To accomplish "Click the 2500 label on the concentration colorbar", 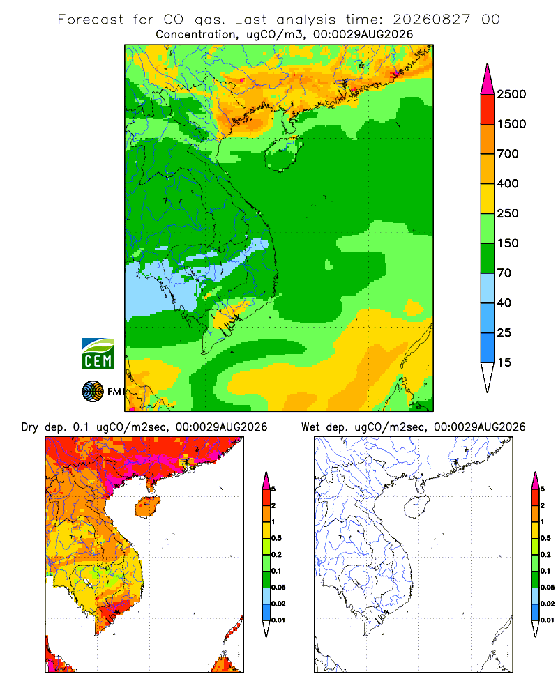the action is [511, 94].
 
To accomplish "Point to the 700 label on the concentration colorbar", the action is [508, 154].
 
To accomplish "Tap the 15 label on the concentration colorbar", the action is [504, 362].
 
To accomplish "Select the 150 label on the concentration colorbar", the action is [508, 243].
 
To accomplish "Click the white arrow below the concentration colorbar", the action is [488, 376].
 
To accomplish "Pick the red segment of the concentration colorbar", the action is [488, 109].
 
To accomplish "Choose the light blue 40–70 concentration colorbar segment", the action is [488, 288].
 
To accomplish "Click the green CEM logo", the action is [98, 354].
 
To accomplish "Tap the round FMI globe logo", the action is [93, 392].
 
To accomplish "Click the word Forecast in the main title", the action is [91, 20].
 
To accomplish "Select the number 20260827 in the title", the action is [431, 20].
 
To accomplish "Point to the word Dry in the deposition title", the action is [30, 428].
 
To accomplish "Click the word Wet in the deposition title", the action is [310, 427].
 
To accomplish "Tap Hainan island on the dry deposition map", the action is [147, 507].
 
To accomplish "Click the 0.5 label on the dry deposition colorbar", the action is [276, 538].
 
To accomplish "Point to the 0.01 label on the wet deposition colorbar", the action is [548, 620].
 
